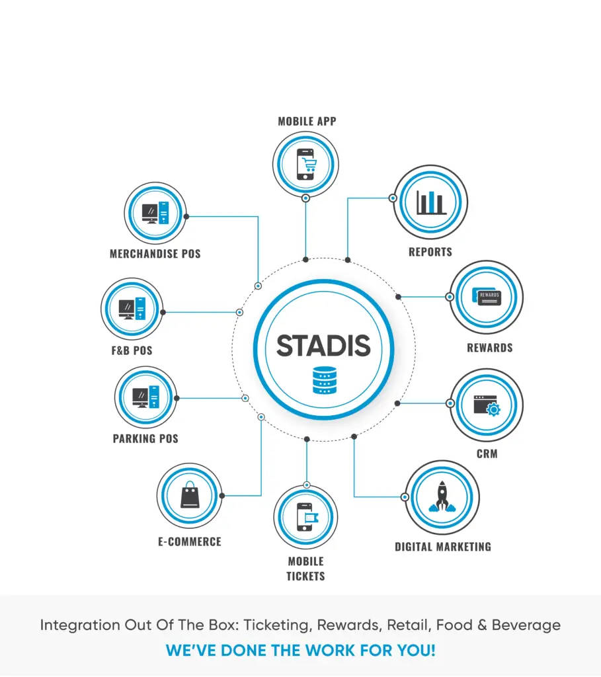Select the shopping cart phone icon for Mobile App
coord(305,165)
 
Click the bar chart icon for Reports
coord(430,202)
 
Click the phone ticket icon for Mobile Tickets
coord(306,518)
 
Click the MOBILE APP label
coord(307,122)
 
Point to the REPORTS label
coord(430,252)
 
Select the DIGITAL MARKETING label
coord(443,547)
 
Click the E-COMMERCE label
coord(190,541)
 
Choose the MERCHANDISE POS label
coord(155,254)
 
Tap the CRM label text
coord(487,454)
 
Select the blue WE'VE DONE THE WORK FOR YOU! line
coord(300,650)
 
